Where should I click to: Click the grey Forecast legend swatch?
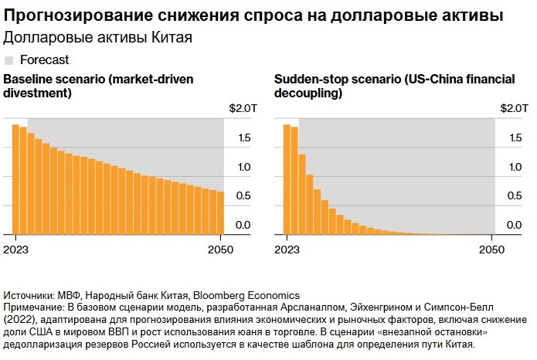coord(9,59)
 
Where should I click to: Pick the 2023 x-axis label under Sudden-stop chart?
coord(286,250)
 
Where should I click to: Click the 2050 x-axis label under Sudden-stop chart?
coord(491,250)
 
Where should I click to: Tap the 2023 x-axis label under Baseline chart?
coord(15,250)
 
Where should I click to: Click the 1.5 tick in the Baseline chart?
coord(243,138)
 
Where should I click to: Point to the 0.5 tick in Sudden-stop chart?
coord(515,195)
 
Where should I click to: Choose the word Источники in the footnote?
coord(29,296)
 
